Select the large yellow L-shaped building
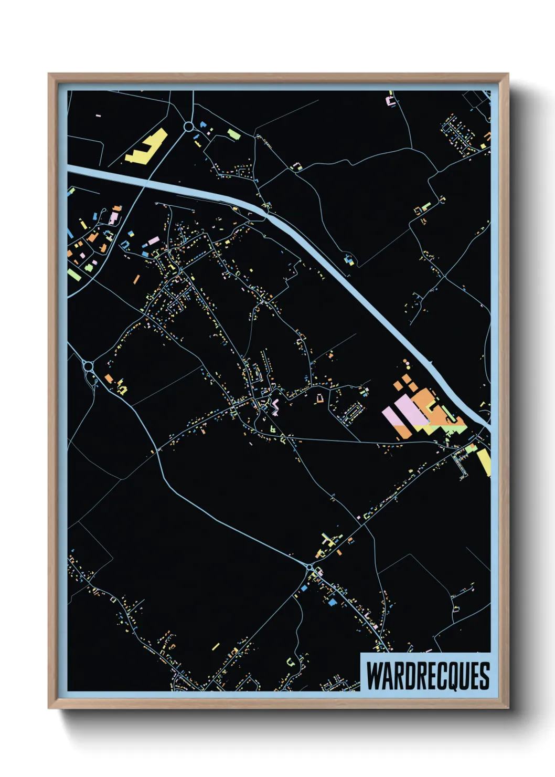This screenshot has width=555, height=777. pyautogui.click(x=146, y=146)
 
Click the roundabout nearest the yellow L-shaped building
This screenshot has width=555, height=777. pyautogui.click(x=188, y=127)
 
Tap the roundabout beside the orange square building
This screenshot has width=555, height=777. pyautogui.click(x=88, y=366)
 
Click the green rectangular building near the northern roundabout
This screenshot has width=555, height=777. pyautogui.click(x=234, y=134)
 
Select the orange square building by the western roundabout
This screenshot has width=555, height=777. pyautogui.click(x=109, y=378)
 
